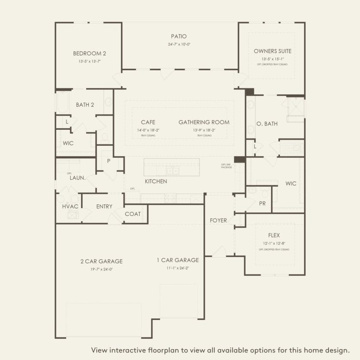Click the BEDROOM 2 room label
pos(89,53)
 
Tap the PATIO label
pos(178,37)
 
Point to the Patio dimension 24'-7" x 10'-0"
pos(178,44)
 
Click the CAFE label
pos(148,122)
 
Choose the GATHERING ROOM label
pos(204,122)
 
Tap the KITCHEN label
pos(156,182)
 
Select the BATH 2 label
pos(85,105)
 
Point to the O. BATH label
pos(267,124)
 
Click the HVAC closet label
pos(70,207)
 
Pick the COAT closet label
pos(132,214)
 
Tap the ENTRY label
pos(104,207)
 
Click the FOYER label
pos(218,220)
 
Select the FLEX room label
pos(274,235)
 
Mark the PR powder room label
pos(262,203)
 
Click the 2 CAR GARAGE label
pos(101,261)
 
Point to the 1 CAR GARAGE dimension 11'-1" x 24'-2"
pos(178,268)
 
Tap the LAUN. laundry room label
pos(77,177)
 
